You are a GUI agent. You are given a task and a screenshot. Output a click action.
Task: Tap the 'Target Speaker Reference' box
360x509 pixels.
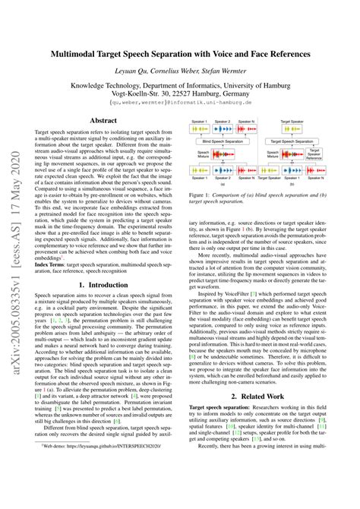click(x=334, y=154)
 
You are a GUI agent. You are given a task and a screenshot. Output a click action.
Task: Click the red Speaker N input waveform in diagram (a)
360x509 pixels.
click(x=257, y=128)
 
